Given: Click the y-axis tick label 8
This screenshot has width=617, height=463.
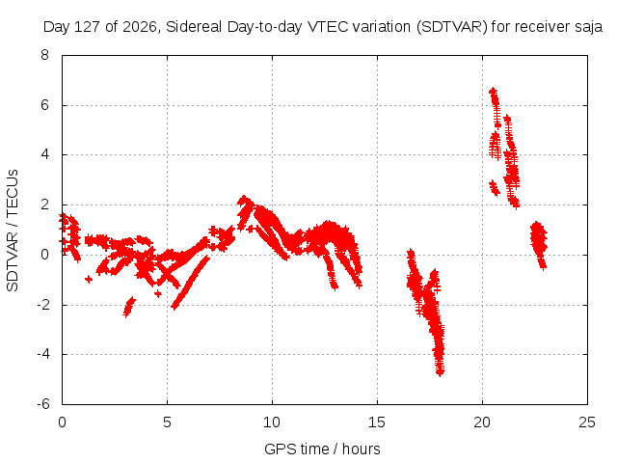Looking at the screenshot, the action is pyautogui.click(x=44, y=55).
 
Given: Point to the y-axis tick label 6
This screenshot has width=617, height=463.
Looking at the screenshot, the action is pyautogui.click(x=44, y=105).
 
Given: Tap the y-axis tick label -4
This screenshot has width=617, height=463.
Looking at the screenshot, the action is pyautogui.click(x=43, y=354).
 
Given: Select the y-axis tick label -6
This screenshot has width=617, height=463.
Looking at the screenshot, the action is pyautogui.click(x=43, y=404).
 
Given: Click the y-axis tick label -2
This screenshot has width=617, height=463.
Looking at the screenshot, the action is pyautogui.click(x=43, y=305).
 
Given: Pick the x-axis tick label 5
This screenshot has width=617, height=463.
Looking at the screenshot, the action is pyautogui.click(x=167, y=422).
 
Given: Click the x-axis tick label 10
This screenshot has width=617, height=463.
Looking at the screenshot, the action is pyautogui.click(x=272, y=422).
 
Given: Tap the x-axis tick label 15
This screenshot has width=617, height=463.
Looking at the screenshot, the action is pyautogui.click(x=377, y=422).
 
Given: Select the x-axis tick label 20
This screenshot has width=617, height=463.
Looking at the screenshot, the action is pyautogui.click(x=482, y=422).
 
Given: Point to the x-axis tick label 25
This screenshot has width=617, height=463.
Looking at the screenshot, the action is pyautogui.click(x=587, y=422).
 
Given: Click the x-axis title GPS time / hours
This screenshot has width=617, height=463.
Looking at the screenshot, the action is pyautogui.click(x=322, y=449).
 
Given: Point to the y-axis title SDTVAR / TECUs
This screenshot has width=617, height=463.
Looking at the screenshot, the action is pyautogui.click(x=13, y=231).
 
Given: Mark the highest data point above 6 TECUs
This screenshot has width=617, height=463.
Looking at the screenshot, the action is pyautogui.click(x=493, y=92).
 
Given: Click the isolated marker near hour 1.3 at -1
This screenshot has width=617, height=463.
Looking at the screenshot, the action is pyautogui.click(x=89, y=279).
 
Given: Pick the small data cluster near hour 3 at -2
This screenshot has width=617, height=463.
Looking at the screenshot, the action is pyautogui.click(x=128, y=307).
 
